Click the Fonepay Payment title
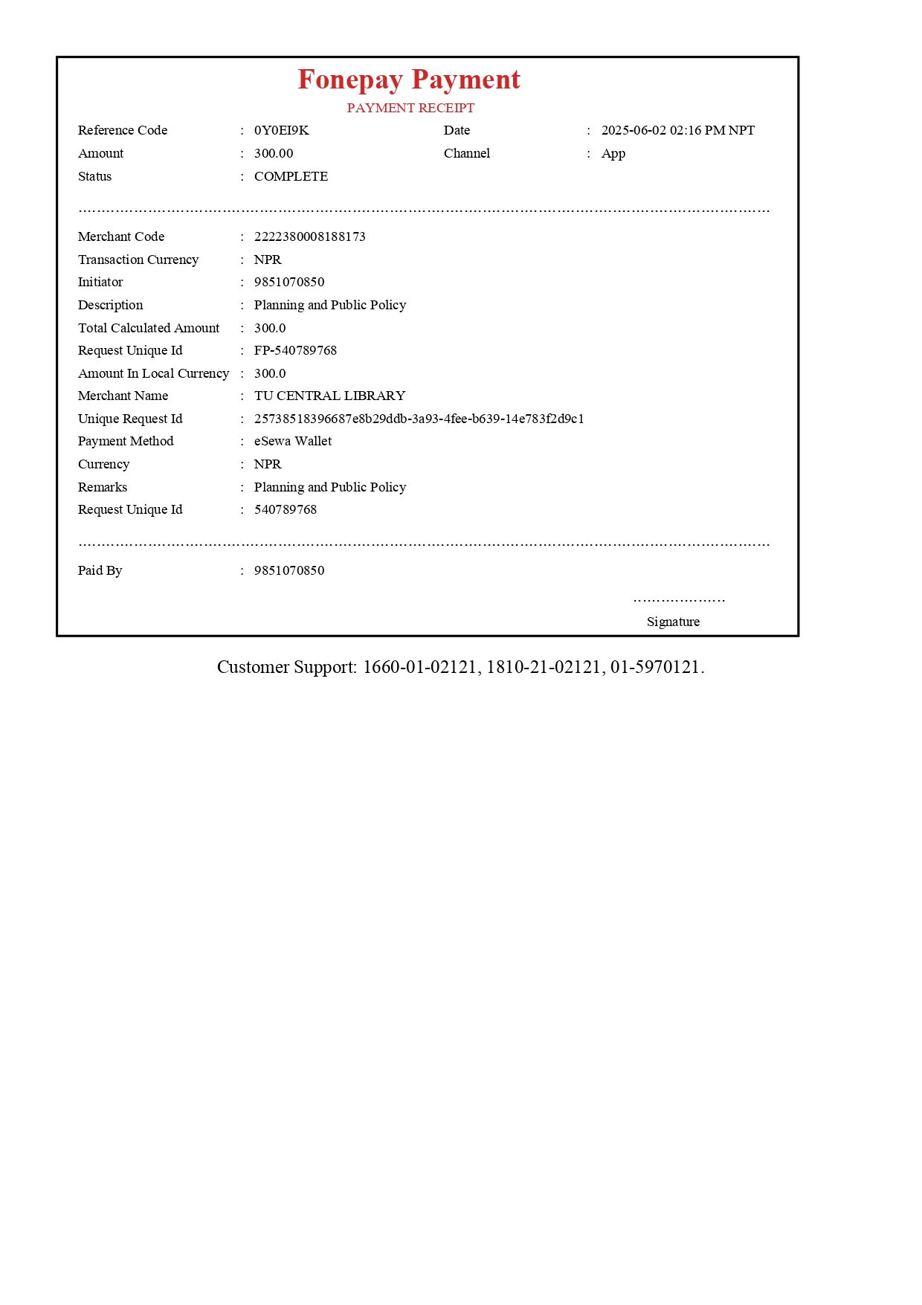(409, 80)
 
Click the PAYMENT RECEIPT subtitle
(410, 108)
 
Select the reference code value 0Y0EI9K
(281, 130)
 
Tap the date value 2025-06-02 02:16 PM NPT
(677, 130)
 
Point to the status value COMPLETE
(291, 176)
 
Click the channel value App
(613, 153)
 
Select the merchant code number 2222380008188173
(309, 236)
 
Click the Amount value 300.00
(274, 153)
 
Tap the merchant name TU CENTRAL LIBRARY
(329, 396)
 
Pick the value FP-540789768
(295, 350)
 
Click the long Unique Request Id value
(419, 419)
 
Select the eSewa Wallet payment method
(293, 441)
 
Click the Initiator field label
(100, 282)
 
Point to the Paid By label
(100, 570)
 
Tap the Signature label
(673, 622)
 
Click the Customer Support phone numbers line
(460, 667)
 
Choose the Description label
(110, 305)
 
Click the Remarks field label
(103, 487)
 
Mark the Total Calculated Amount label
(149, 328)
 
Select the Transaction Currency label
(138, 260)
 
